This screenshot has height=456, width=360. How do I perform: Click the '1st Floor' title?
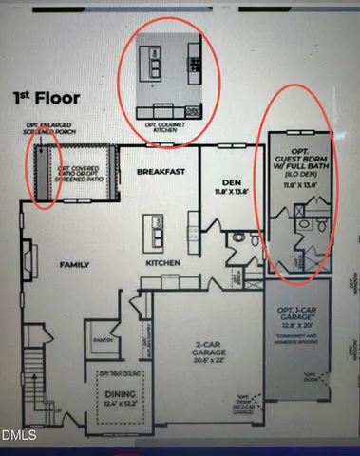47,97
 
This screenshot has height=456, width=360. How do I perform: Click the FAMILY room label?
75,265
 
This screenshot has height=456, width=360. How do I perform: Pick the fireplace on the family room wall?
31,256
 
